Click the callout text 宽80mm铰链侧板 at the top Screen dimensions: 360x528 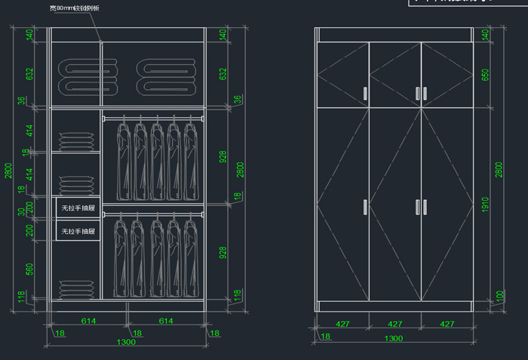pyautogui.click(x=75, y=8)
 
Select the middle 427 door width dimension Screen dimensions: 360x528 pyautogui.click(x=394, y=324)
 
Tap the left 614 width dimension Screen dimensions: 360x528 pyautogui.click(x=88, y=321)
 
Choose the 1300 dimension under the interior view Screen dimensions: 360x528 pyautogui.click(x=127, y=342)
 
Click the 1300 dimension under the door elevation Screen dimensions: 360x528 pyautogui.click(x=393, y=338)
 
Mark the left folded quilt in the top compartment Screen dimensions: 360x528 pyautogui.click(x=87, y=78)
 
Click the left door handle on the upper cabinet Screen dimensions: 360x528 pyautogui.click(x=366, y=93)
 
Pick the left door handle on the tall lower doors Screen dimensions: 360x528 pyautogui.click(x=366, y=207)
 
